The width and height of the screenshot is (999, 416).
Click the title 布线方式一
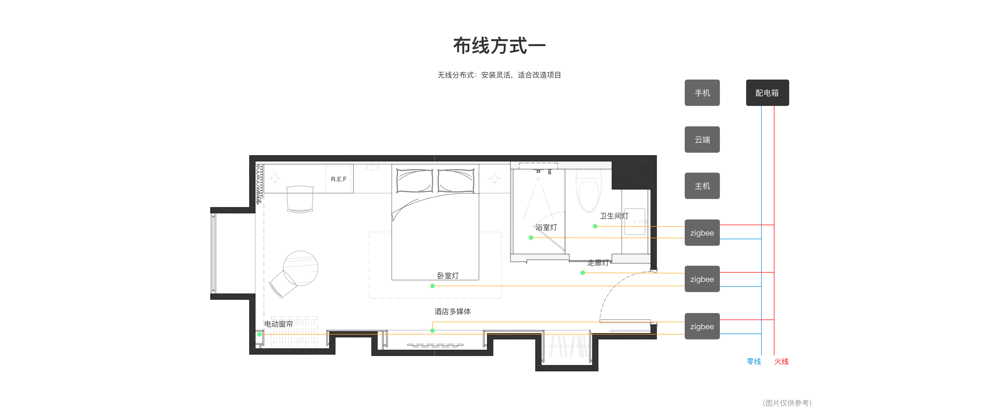coord(499,46)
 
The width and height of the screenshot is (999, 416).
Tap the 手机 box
coord(702,93)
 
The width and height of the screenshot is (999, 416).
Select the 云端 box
coord(702,140)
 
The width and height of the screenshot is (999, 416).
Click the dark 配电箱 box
coord(767,93)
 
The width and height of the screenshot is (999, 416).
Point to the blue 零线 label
coord(754,361)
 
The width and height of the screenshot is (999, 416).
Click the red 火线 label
coord(782,361)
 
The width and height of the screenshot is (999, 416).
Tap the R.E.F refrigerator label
coord(338,179)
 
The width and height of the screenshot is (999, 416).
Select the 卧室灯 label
coord(448,276)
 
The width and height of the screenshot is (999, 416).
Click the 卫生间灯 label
coord(614,216)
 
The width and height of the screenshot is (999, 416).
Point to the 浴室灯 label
coord(546,227)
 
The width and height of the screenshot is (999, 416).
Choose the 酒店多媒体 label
coord(453,311)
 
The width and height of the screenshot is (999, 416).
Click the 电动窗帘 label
coord(278,324)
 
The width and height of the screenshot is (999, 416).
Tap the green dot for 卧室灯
coord(432,286)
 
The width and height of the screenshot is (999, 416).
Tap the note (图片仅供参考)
coord(787,403)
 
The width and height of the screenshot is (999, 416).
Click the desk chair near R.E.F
coord(300,199)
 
